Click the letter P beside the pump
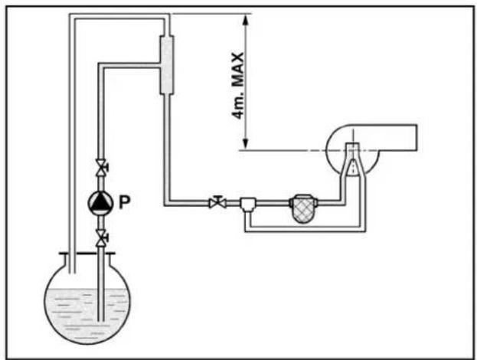click(x=125, y=202)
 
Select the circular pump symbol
click(x=100, y=203)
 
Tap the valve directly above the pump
click(x=101, y=168)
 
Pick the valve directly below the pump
click(x=101, y=238)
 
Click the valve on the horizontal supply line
click(x=217, y=202)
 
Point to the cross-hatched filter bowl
click(x=303, y=208)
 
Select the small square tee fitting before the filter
click(x=248, y=204)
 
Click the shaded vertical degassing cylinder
click(x=167, y=65)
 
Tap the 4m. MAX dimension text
click(x=237, y=86)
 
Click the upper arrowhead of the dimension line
click(x=246, y=19)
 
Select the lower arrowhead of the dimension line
click(x=246, y=144)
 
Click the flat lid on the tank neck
click(x=87, y=254)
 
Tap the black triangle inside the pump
click(x=100, y=201)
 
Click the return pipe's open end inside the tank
click(x=73, y=273)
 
